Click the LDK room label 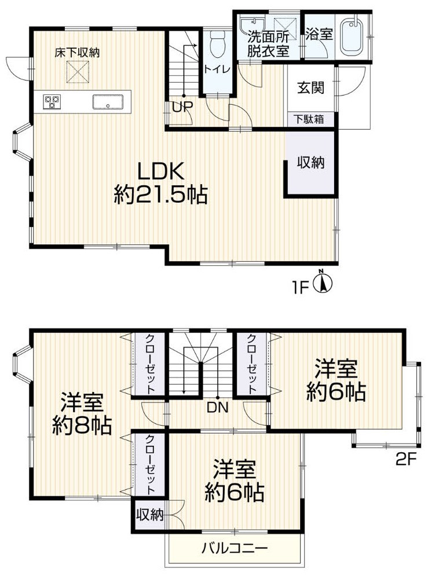pos(160,183)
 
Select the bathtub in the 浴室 pos(352,36)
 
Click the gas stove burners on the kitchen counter pos(52,101)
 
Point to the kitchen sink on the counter pos(108,101)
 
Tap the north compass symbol pos(323,281)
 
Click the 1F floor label pos(301,287)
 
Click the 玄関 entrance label pos(310,87)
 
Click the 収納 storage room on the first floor pos(310,163)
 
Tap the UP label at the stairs pos(182,107)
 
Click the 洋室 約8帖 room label pos(82,413)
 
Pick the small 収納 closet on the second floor pos(150,515)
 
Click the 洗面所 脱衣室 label pos(268,43)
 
